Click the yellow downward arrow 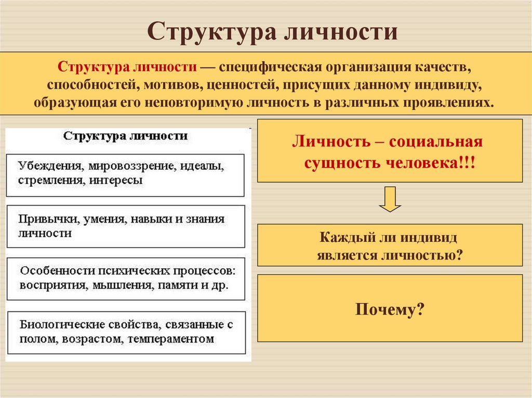tap(390, 199)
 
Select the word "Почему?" tap(390, 310)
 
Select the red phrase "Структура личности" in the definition tap(127, 68)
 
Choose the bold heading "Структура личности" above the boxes tap(125, 136)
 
